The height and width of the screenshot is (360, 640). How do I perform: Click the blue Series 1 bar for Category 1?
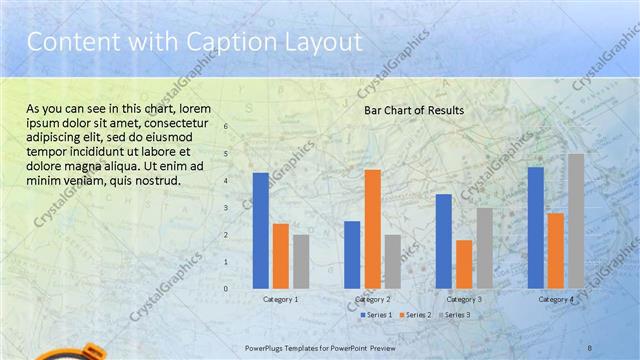coord(261,230)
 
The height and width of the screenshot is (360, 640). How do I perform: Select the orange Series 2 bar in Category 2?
coord(372,228)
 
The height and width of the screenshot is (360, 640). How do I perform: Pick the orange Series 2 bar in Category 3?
coord(464,263)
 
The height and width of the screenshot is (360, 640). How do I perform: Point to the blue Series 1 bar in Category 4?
coord(536,227)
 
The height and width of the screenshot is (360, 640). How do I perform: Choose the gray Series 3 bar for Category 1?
coord(301,261)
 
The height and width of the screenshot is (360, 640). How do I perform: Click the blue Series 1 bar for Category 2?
coord(352,254)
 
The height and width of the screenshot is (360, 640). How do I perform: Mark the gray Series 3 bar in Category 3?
coord(484,247)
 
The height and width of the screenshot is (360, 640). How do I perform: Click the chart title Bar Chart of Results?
coord(413,110)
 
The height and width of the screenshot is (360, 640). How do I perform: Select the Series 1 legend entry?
coord(375,315)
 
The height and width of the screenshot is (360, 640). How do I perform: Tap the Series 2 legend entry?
coord(415,315)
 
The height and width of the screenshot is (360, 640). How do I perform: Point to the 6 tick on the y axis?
coord(226,127)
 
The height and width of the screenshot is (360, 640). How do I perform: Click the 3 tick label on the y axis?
coord(226,208)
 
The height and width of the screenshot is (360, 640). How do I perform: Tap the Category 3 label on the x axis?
coord(464,299)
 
